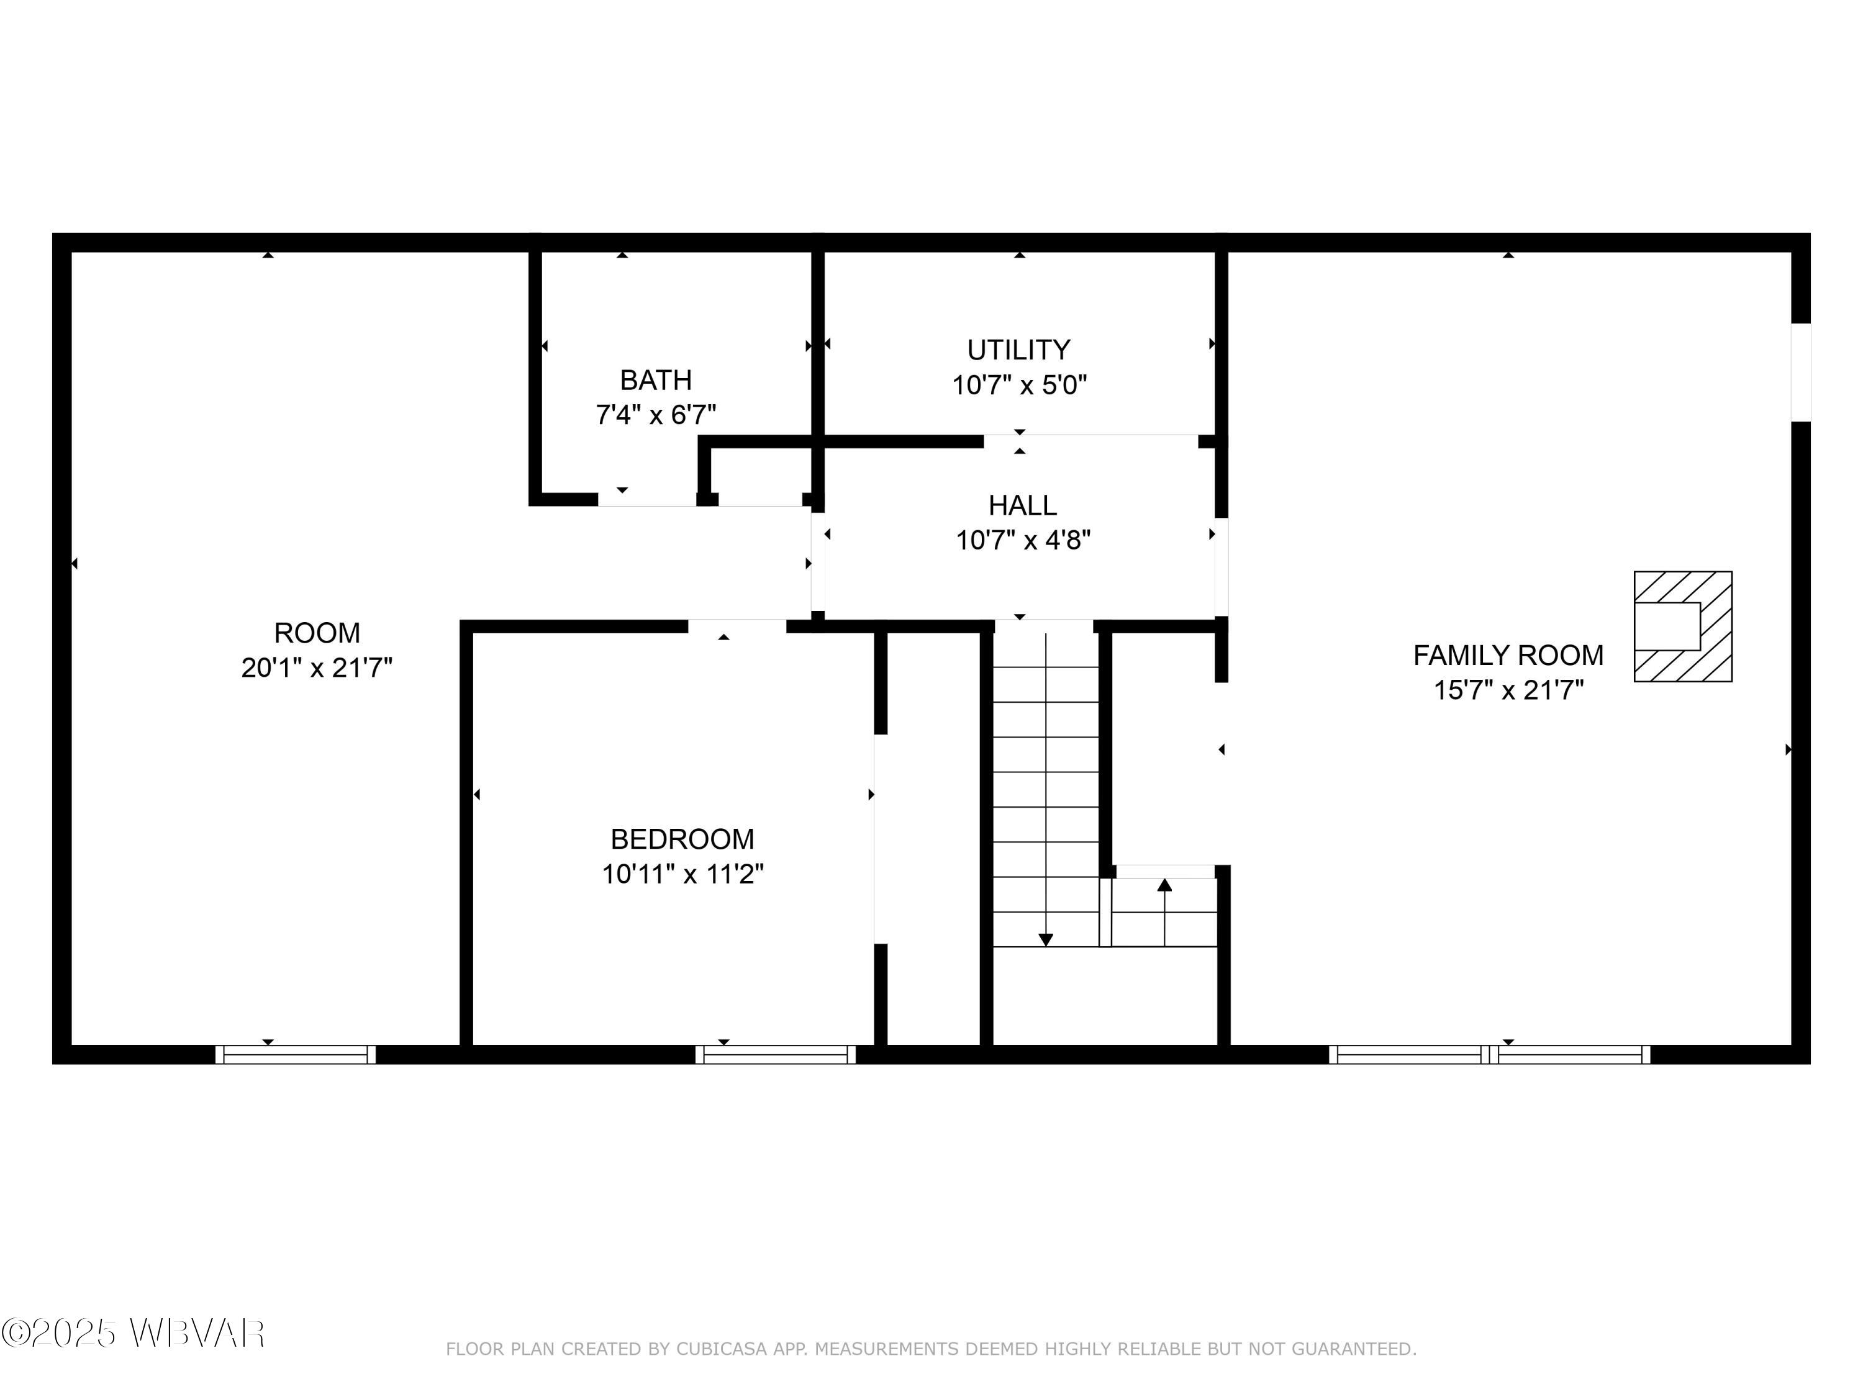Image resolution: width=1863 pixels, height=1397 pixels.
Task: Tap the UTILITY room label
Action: pos(1018,350)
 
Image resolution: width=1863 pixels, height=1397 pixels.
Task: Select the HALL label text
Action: pos(1022,505)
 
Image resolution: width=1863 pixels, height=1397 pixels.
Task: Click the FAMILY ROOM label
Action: pos(1508,655)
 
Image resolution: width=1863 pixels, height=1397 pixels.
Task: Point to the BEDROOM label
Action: pos(682,839)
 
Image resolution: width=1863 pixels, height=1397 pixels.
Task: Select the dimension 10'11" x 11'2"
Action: pos(682,875)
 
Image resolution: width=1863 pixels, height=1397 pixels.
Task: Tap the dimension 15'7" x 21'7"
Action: pos(1508,690)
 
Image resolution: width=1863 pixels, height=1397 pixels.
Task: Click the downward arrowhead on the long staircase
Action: pos(1045,940)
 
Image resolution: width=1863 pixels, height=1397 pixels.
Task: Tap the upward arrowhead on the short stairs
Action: pos(1165,885)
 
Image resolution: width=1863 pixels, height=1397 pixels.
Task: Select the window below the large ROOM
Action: pos(296,1054)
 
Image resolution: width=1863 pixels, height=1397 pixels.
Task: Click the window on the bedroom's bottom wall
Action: pos(776,1054)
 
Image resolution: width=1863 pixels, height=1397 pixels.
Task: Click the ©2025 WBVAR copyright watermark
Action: pos(133,1333)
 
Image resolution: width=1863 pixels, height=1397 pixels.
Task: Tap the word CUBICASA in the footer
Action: pos(722,1350)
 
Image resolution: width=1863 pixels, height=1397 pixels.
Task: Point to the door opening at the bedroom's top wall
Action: pos(737,626)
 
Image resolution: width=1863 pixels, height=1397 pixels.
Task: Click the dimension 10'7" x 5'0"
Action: pos(1019,386)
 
